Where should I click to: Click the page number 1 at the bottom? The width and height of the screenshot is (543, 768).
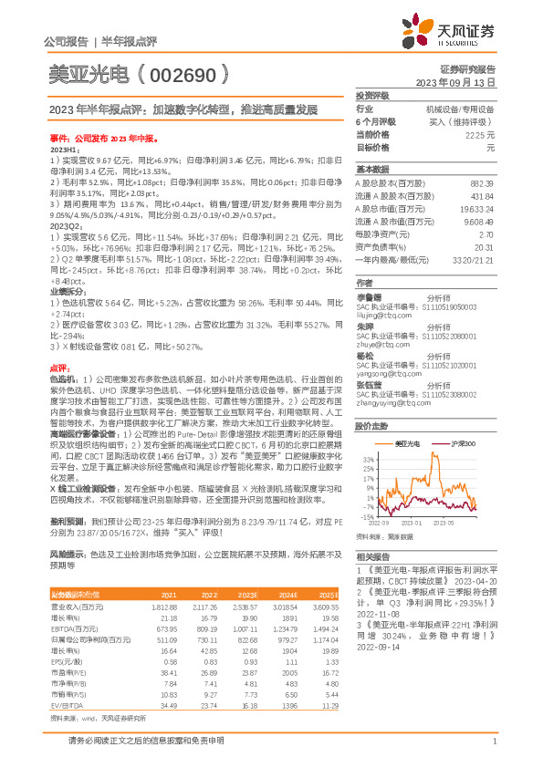[493, 742]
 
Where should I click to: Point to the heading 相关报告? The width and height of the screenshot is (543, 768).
[372, 555]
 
